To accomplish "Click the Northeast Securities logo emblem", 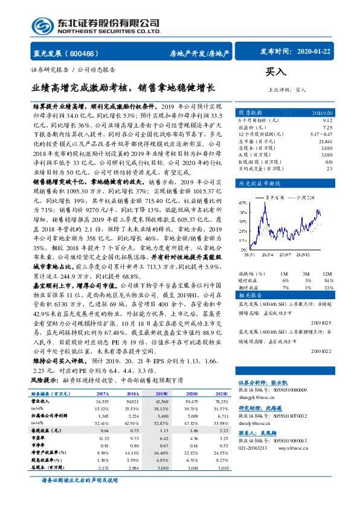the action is [x=40, y=25].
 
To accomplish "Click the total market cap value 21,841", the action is [x=325, y=140].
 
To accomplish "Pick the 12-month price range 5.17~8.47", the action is [x=321, y=134].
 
